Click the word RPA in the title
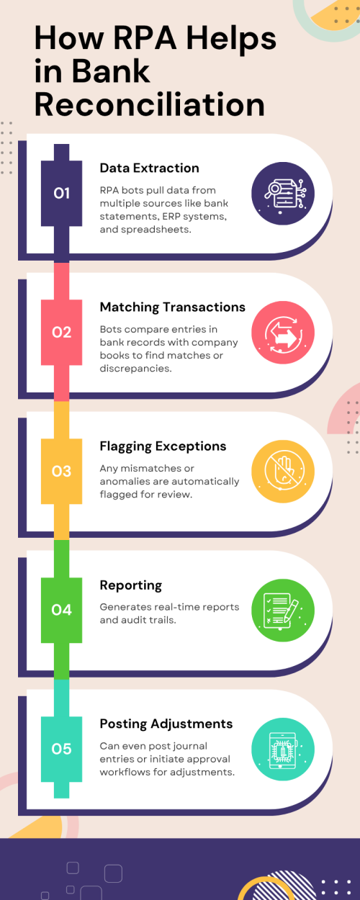point(145,38)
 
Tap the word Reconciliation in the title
point(150,104)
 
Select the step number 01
point(61,193)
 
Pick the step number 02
point(61,332)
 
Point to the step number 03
point(61,472)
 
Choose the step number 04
point(61,610)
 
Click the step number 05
point(61,749)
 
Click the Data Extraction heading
point(150,168)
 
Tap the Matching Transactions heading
point(172,307)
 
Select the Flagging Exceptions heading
point(163,446)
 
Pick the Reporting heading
point(130,585)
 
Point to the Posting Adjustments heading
point(166,724)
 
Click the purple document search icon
point(283,193)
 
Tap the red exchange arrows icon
point(283,332)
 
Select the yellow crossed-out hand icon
point(283,472)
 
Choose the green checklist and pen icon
point(283,610)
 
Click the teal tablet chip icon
point(283,749)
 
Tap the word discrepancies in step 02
point(135,369)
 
